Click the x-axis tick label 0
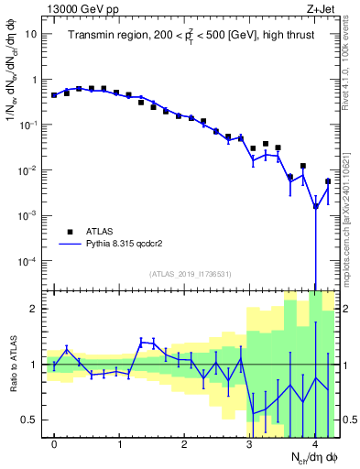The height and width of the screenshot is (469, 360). coord(54,443)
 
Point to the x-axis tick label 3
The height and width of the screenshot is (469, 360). coord(249,443)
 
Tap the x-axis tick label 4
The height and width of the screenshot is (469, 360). coord(314,443)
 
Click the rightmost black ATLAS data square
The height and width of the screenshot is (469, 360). coord(328,181)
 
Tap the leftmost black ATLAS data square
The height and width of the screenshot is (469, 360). coord(54,95)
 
